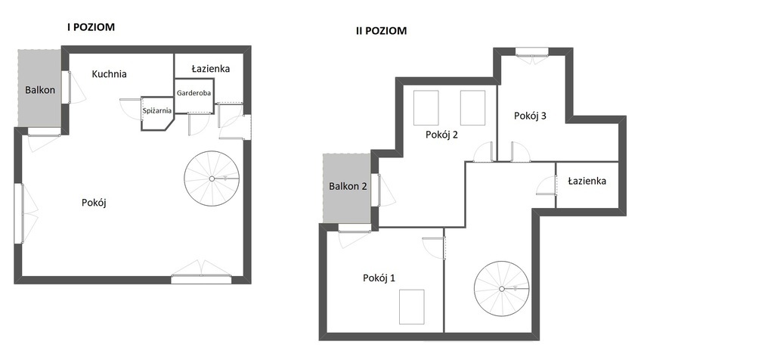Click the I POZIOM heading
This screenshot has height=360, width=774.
click(91, 27)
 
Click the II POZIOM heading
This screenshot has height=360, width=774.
click(381, 30)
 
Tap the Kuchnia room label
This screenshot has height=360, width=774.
click(109, 74)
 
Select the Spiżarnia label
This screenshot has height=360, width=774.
click(157, 111)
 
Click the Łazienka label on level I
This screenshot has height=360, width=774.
click(211, 69)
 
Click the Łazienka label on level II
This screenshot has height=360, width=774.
click(587, 181)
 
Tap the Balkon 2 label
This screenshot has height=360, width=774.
click(348, 186)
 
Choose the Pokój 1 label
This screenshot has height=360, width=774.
click(379, 278)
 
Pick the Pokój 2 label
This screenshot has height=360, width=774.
click(441, 135)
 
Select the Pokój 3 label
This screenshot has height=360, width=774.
click(530, 116)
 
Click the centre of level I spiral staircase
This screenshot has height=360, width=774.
click(212, 178)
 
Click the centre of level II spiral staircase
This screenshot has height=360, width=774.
click(502, 289)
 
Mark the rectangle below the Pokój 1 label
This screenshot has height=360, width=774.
click(412, 306)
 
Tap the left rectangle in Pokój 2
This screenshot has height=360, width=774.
click(426, 107)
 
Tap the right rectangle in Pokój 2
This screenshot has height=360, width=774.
click(473, 107)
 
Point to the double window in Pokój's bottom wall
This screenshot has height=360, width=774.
click(201, 280)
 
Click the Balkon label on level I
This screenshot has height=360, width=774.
click(40, 90)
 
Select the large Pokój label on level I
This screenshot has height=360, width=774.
click(94, 203)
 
